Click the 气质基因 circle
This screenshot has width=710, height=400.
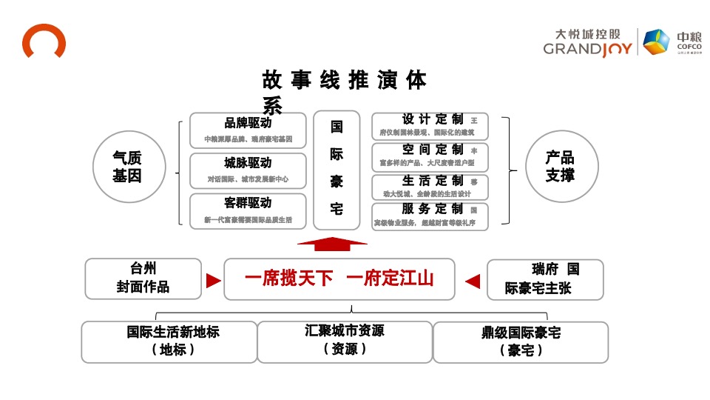(127, 167)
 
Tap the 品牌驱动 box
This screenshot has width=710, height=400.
(248, 130)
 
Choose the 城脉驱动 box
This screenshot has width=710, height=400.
(248, 170)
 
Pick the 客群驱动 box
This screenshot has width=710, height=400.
(248, 211)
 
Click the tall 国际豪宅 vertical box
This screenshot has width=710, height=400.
(337, 170)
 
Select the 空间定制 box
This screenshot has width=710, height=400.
(430, 156)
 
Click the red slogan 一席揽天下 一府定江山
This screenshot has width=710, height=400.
(339, 279)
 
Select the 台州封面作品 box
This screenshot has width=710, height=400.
(143, 279)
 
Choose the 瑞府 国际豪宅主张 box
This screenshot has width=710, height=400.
(545, 279)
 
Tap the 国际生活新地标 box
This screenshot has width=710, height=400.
(169, 341)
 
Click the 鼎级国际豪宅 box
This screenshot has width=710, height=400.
(521, 342)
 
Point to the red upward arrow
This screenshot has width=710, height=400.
(331, 245)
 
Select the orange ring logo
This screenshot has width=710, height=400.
(44, 41)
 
